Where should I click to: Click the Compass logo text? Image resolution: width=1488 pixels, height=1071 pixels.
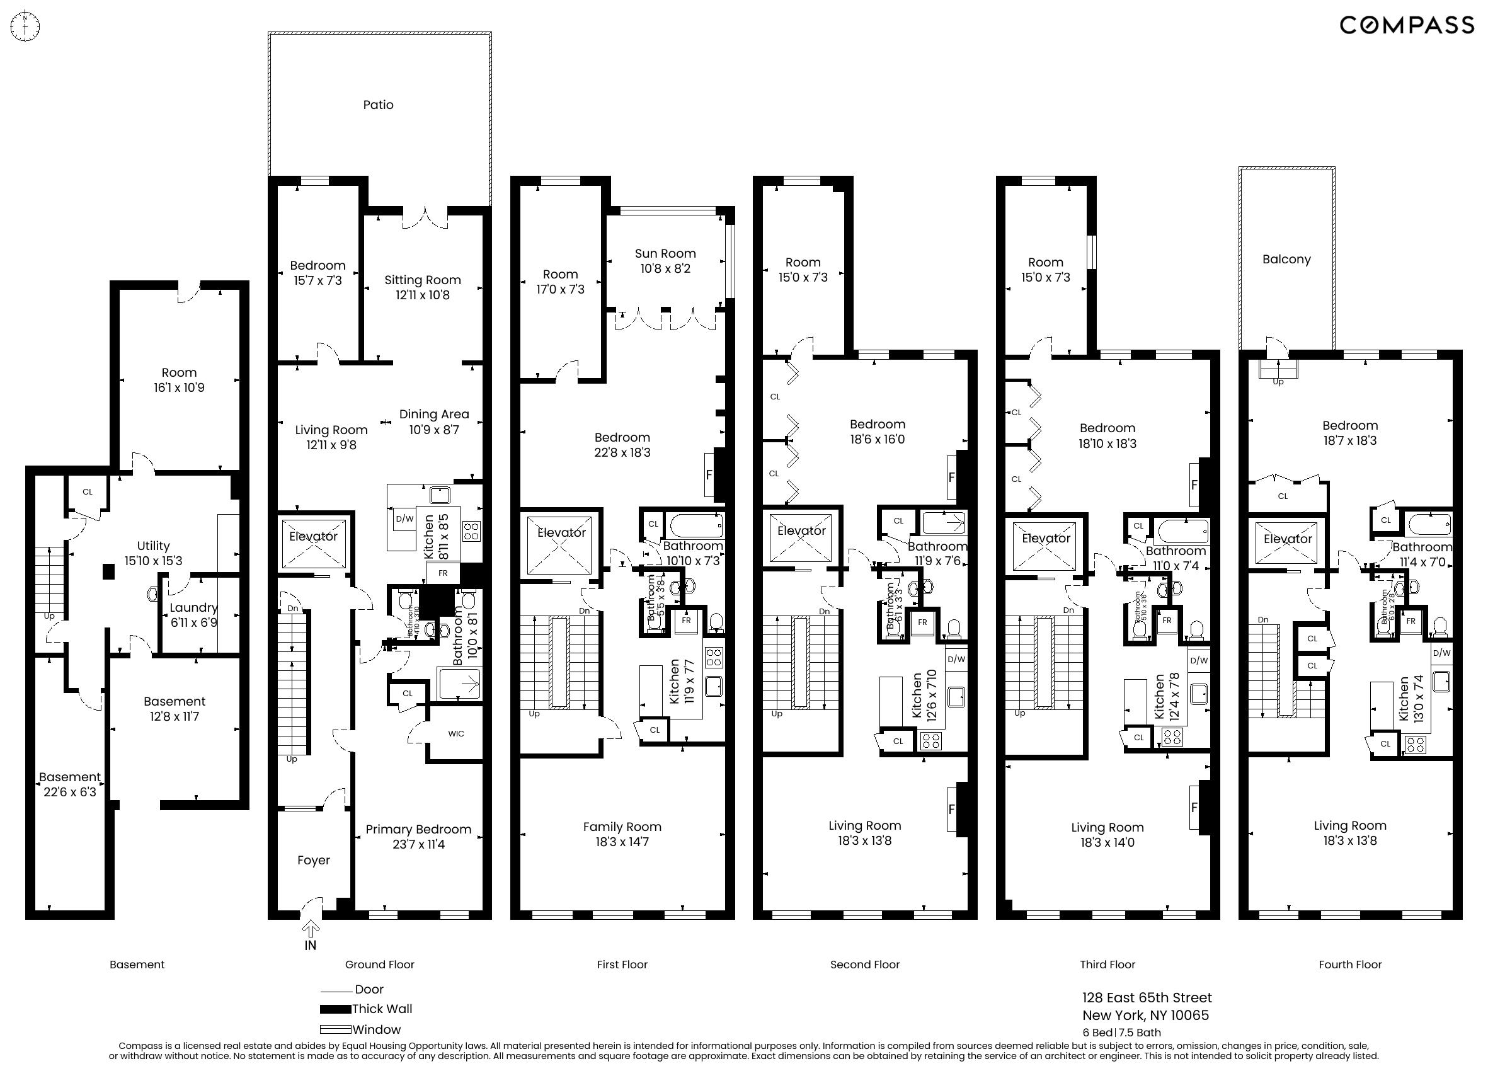[1406, 25]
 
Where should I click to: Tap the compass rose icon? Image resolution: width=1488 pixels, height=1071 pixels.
[26, 26]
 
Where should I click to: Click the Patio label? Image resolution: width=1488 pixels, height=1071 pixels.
[378, 105]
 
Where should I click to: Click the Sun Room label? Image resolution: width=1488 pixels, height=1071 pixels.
[665, 253]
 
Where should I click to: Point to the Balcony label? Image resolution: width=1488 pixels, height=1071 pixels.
[1286, 259]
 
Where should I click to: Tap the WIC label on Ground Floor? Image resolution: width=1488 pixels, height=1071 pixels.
[455, 734]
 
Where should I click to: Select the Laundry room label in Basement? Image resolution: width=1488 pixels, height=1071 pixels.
[193, 608]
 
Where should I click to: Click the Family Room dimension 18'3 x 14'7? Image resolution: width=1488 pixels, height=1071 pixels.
[622, 842]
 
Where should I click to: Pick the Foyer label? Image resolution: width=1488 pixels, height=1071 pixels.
[313, 861]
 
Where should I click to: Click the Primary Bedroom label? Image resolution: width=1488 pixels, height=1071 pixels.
[418, 830]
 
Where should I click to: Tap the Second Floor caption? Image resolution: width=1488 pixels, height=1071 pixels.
[864, 965]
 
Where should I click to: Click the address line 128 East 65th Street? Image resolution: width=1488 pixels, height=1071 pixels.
[1146, 998]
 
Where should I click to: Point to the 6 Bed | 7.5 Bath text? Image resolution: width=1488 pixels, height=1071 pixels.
[1121, 1033]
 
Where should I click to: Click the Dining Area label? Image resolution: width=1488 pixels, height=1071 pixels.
[433, 414]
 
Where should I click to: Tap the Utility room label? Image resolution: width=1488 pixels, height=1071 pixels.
[153, 546]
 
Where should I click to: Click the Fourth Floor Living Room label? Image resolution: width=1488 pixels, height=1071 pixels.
[1349, 825]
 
